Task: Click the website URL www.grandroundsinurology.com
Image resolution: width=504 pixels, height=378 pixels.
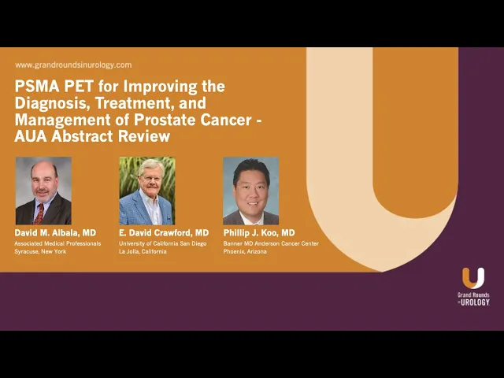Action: (73, 65)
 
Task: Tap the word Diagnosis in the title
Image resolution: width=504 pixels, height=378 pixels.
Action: (53, 103)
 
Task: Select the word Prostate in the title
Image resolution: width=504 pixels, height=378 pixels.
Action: (164, 120)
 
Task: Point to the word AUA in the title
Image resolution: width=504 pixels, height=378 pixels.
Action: (31, 136)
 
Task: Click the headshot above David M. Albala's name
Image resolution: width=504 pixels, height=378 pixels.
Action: (43, 191)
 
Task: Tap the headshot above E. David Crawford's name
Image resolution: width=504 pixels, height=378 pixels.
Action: (147, 191)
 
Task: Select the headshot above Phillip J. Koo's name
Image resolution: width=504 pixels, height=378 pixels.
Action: (250, 191)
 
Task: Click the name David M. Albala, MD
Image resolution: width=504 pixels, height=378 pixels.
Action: (55, 233)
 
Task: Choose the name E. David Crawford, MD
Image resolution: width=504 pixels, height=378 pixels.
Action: (164, 233)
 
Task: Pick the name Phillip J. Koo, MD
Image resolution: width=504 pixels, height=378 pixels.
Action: (259, 233)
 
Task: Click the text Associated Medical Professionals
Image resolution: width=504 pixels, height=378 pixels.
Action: (57, 243)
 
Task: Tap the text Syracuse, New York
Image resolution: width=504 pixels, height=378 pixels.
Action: (40, 251)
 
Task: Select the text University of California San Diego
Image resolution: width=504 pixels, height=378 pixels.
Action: (163, 243)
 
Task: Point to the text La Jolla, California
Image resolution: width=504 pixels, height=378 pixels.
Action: (143, 251)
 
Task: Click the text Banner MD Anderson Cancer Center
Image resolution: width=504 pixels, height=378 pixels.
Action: (271, 243)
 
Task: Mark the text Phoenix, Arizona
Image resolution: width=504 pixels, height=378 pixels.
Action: (245, 251)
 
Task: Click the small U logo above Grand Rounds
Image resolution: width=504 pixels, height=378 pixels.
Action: (473, 278)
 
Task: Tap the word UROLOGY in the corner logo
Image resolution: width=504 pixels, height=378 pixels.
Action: (475, 302)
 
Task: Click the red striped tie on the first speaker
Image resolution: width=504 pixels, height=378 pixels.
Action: (39, 214)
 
